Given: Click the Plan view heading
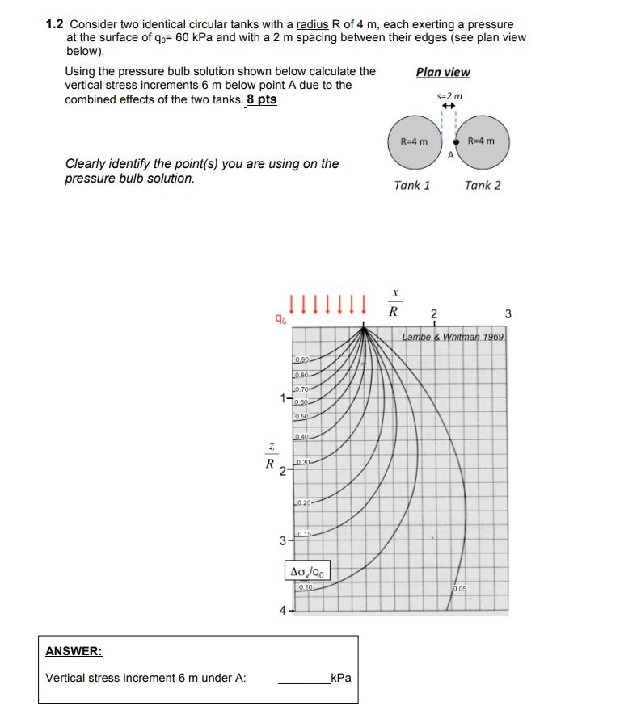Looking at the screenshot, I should tap(442, 72).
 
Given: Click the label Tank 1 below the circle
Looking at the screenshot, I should tap(411, 185).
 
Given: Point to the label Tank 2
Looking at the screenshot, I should tap(483, 185).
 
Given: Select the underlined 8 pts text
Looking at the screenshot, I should tap(261, 99).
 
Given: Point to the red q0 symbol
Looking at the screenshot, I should tap(280, 321).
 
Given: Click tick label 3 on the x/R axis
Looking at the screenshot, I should tap(508, 313).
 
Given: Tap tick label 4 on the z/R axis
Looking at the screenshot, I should tap(282, 611).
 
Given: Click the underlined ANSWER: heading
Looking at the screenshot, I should tap(74, 650).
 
